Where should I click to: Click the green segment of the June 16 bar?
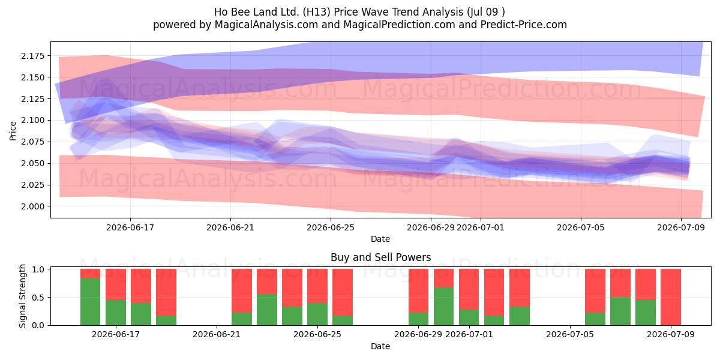(91, 302)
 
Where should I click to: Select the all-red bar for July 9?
(671, 297)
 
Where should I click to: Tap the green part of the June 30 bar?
(444, 307)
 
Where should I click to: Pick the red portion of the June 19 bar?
(166, 292)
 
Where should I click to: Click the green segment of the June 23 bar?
(267, 310)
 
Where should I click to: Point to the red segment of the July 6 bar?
(595, 291)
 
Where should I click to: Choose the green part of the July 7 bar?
(620, 311)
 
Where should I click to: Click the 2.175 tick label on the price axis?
(33, 56)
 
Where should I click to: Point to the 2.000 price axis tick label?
(33, 206)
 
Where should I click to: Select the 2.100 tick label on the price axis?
(33, 120)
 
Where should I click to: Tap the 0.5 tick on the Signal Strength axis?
(38, 298)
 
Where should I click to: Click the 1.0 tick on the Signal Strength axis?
(38, 269)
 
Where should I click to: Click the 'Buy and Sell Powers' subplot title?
(380, 257)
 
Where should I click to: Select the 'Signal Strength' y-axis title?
(22, 296)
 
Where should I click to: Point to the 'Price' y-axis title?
(13, 131)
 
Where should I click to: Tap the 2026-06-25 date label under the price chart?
(331, 227)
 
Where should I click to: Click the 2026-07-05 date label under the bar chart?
(570, 334)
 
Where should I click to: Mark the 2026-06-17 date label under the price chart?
(130, 227)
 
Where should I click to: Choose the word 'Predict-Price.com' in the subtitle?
(524, 25)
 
